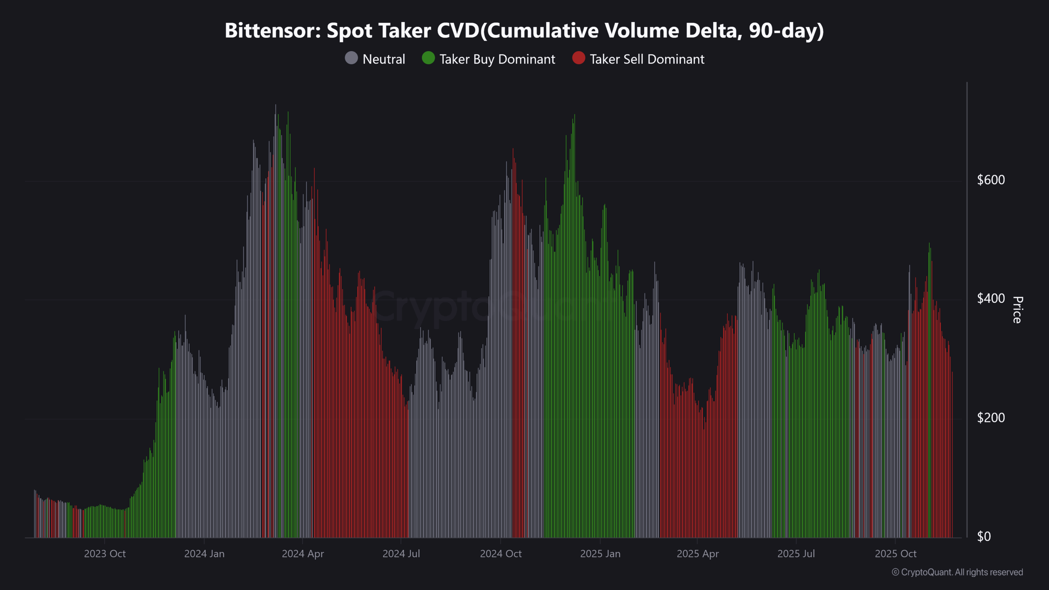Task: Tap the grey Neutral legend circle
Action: pyautogui.click(x=351, y=58)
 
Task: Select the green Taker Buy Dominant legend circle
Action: pyautogui.click(x=428, y=58)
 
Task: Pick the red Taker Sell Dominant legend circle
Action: pyautogui.click(x=579, y=58)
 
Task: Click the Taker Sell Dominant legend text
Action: pyautogui.click(x=647, y=59)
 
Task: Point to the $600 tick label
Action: pyautogui.click(x=991, y=180)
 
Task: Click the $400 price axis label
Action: pyautogui.click(x=991, y=298)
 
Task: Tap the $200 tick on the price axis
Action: pyautogui.click(x=991, y=418)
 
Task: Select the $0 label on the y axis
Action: pyautogui.click(x=984, y=536)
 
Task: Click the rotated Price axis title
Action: pyautogui.click(x=1017, y=310)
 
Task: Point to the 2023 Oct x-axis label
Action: pyautogui.click(x=105, y=554)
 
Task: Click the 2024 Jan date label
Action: pyautogui.click(x=204, y=554)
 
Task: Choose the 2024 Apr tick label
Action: pyautogui.click(x=303, y=554)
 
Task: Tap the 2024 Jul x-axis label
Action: pyautogui.click(x=401, y=554)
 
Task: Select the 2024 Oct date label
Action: pyautogui.click(x=501, y=554)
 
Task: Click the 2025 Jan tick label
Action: pyautogui.click(x=600, y=554)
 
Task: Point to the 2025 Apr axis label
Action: pyautogui.click(x=698, y=554)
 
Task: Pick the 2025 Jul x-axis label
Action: pyautogui.click(x=796, y=554)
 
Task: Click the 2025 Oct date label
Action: pyautogui.click(x=896, y=554)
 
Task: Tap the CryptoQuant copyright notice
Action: pyautogui.click(x=957, y=572)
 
